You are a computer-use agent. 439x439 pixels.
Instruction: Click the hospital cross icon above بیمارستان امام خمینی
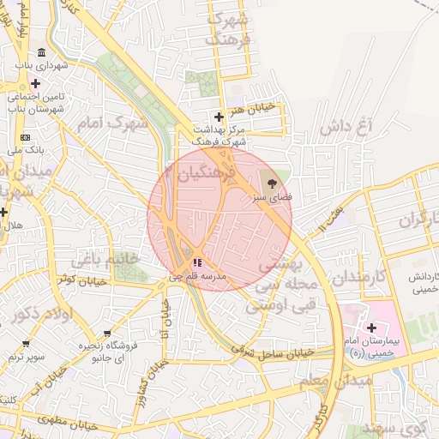[x=371, y=328]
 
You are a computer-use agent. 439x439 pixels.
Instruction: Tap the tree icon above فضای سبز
[x=272, y=183]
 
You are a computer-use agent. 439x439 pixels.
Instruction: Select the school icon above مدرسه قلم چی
[x=197, y=262]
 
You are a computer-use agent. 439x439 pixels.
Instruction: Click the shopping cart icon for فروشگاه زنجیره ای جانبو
[x=107, y=333]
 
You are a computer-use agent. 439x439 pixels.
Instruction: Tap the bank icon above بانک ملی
[x=25, y=137]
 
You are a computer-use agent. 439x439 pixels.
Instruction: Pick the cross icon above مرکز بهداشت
[x=219, y=117]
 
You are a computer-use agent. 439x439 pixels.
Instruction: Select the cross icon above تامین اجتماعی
[x=35, y=84]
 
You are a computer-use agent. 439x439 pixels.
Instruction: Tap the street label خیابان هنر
[x=255, y=108]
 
